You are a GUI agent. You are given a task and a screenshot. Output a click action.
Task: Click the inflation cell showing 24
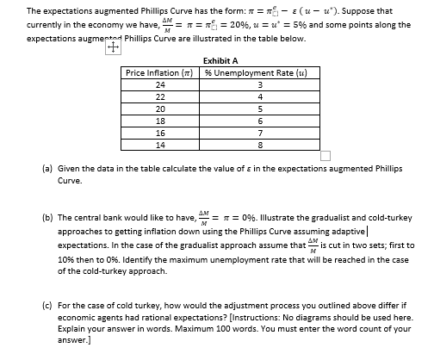click(x=161, y=84)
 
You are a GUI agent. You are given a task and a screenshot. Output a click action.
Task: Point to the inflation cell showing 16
click(x=161, y=133)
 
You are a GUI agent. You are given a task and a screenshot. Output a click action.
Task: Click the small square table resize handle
click(x=325, y=156)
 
